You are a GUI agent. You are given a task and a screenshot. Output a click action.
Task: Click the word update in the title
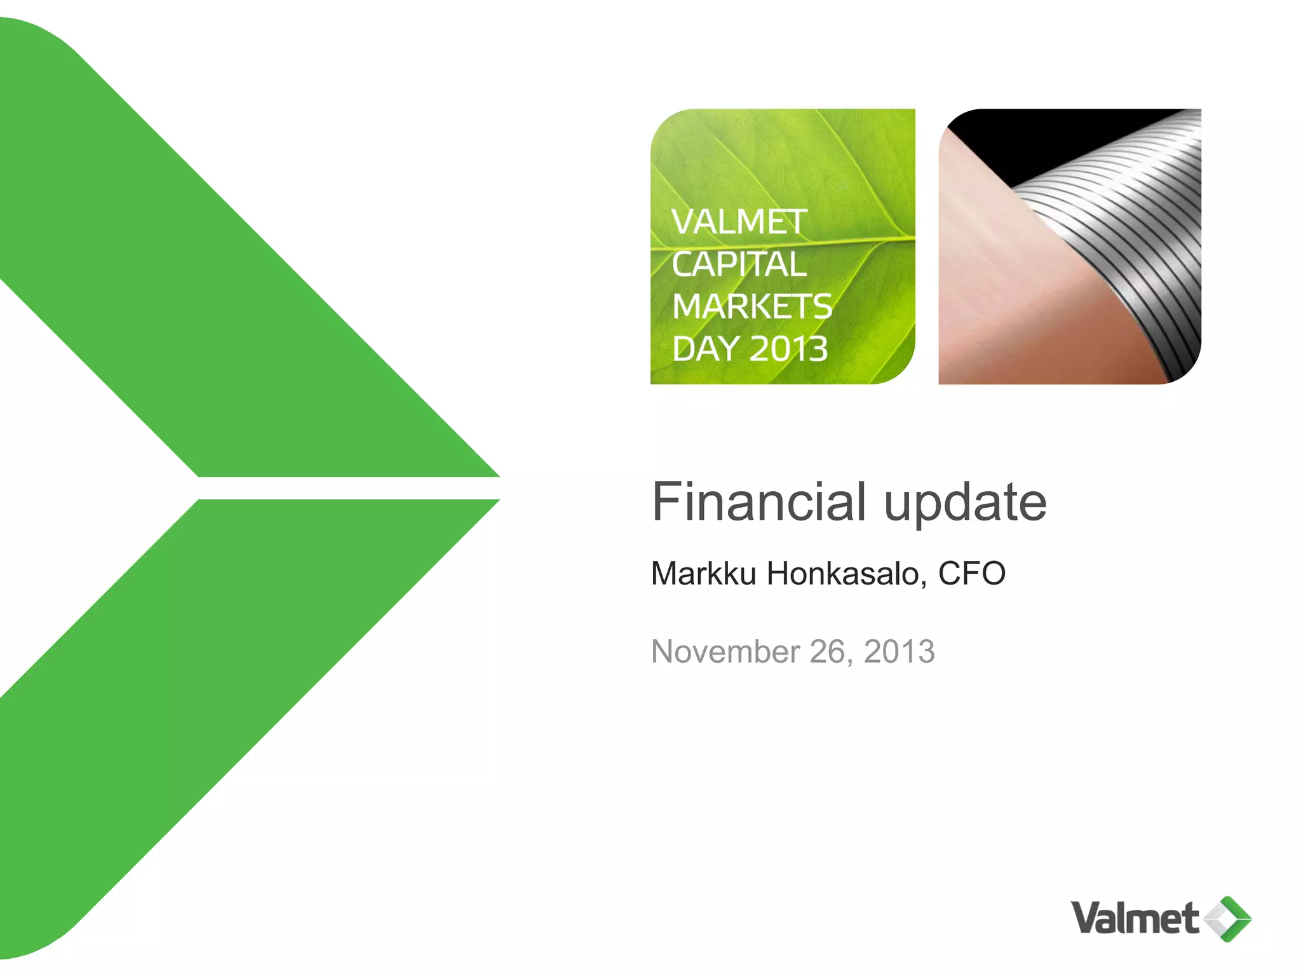click(965, 503)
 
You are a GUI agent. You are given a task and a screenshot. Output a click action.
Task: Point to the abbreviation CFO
click(971, 573)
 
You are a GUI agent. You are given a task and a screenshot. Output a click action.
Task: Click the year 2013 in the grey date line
click(899, 652)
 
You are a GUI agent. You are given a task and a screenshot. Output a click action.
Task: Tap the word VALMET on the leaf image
click(739, 222)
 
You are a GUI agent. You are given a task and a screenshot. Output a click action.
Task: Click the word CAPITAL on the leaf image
click(739, 264)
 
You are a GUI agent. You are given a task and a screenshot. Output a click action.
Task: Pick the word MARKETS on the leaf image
click(752, 306)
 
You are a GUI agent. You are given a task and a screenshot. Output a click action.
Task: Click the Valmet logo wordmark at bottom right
click(1134, 919)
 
